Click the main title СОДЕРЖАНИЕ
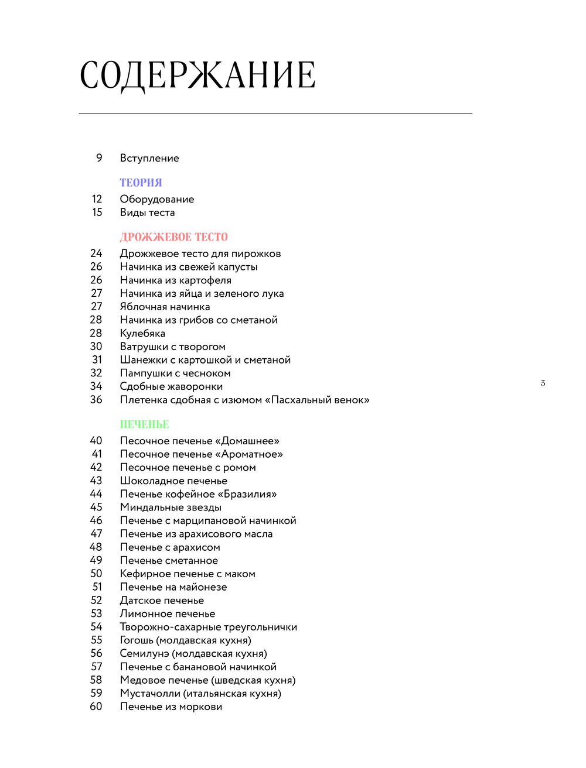coord(197,76)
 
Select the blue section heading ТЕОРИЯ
coord(141,183)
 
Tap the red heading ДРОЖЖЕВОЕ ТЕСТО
coord(173,237)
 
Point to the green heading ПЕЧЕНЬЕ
coord(144,424)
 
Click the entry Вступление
coord(149,158)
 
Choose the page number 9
coord(99,158)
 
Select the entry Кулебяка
coord(142,333)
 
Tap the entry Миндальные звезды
coord(171,508)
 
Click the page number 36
coord(96,400)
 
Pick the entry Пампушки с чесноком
coord(175,373)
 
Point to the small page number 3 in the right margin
coord(543,383)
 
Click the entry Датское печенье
coord(162,601)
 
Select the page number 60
coord(96,707)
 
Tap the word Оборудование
coord(157,199)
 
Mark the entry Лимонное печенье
coord(168,613)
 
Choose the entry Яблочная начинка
coord(165,307)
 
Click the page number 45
coord(96,508)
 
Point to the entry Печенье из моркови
coord(171,707)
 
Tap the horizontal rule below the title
coord(275,114)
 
